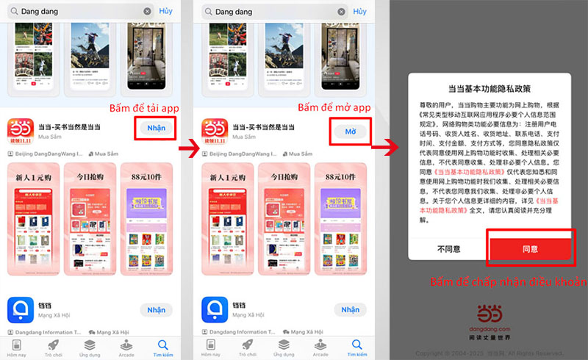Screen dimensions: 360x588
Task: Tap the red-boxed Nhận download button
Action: click(156, 128)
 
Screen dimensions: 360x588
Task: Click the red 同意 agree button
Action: click(529, 249)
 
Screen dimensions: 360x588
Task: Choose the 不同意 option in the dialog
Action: click(448, 249)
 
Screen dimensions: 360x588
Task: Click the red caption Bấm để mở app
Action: click(333, 108)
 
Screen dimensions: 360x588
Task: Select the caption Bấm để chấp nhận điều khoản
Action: click(508, 282)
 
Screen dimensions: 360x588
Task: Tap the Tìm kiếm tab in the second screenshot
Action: click(357, 347)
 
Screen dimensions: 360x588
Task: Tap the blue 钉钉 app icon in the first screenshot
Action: click(21, 309)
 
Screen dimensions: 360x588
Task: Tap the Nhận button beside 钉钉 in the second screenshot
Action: click(351, 310)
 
